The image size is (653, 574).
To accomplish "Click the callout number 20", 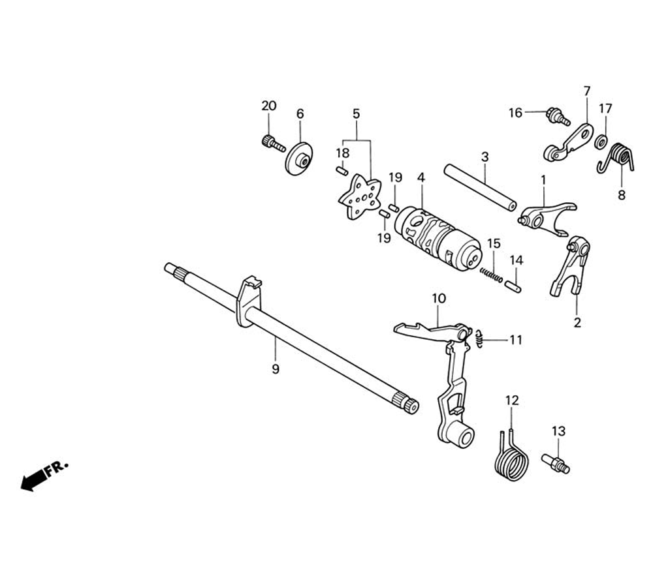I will pyautogui.click(x=269, y=106).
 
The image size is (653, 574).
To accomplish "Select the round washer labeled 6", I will pyautogui.click(x=298, y=158).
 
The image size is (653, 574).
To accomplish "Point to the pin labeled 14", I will pyautogui.click(x=513, y=285).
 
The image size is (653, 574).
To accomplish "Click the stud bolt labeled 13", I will pyautogui.click(x=555, y=464).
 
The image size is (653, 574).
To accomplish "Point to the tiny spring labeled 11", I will pyautogui.click(x=480, y=339).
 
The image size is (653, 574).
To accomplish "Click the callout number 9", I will pyautogui.click(x=275, y=369).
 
